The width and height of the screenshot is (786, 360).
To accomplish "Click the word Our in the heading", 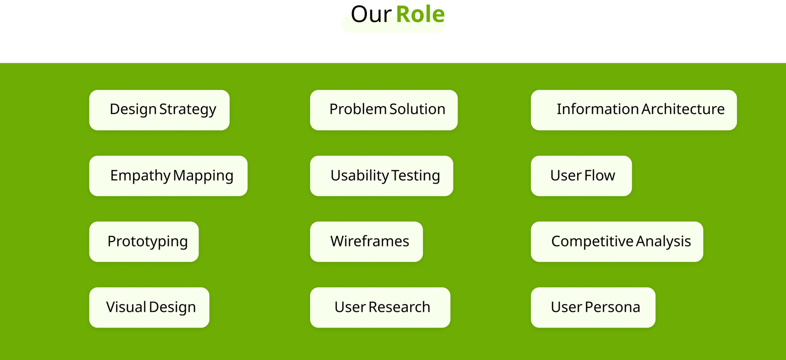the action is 371,14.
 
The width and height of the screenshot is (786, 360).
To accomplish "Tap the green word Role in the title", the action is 421,14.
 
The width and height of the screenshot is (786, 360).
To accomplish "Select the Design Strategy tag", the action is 159,110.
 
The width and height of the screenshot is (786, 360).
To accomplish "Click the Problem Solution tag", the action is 384,110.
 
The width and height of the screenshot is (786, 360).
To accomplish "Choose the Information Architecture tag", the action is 634,110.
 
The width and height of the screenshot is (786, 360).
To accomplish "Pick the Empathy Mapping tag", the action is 168,176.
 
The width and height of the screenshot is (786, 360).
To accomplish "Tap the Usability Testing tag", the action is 381,176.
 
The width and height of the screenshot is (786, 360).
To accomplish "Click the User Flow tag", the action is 582,176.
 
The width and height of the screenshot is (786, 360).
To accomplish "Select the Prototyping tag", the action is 144,242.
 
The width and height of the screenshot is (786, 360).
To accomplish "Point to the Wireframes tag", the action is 366,242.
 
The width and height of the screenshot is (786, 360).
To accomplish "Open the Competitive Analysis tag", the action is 617,242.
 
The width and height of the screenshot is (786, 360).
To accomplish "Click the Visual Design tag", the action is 149,308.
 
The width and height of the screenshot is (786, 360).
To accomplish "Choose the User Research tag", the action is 380,308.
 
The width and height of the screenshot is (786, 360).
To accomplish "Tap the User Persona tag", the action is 593,308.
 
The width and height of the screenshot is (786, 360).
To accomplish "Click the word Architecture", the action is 683,109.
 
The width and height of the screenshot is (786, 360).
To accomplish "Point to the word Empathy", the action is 140,175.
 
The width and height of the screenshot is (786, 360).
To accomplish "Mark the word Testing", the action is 416,175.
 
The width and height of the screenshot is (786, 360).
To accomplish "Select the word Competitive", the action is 592,242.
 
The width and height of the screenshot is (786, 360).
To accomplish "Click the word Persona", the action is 613,307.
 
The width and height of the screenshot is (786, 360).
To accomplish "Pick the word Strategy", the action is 188,110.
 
